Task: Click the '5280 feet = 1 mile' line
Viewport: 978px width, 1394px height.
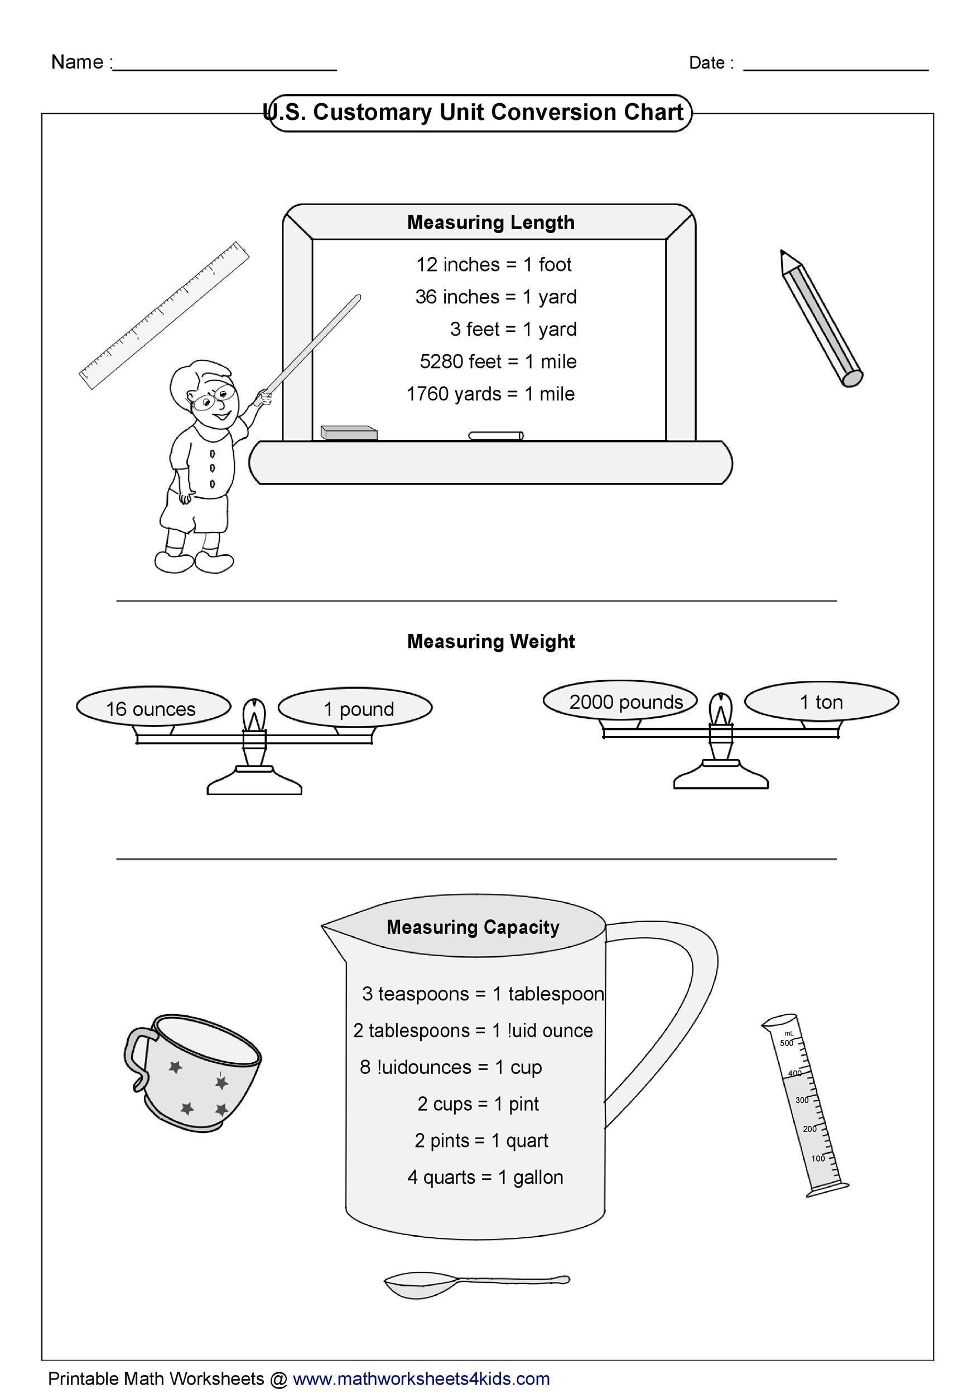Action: pos(498,362)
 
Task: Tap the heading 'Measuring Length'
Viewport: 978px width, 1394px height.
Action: pos(491,223)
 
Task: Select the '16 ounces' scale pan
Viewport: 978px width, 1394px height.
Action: pos(153,706)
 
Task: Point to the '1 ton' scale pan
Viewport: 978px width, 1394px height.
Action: pos(821,702)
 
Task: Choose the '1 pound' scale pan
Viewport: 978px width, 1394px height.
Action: pos(355,708)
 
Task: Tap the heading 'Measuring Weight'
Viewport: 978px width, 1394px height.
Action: pos(491,642)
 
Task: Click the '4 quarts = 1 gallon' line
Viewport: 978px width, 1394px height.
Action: pos(485,1178)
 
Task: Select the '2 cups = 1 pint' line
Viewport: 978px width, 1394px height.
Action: pos(478,1105)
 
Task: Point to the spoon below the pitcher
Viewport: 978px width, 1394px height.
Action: pos(476,1283)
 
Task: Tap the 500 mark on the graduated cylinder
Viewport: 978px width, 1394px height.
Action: pos(786,1043)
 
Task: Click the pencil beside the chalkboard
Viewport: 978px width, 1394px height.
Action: pos(821,317)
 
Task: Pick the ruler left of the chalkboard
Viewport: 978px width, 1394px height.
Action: pos(164,315)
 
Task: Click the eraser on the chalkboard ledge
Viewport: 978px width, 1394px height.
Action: pos(349,432)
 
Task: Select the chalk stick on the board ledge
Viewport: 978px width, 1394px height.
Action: pos(495,435)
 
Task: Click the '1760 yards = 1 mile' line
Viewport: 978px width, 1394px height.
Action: pos(490,394)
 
